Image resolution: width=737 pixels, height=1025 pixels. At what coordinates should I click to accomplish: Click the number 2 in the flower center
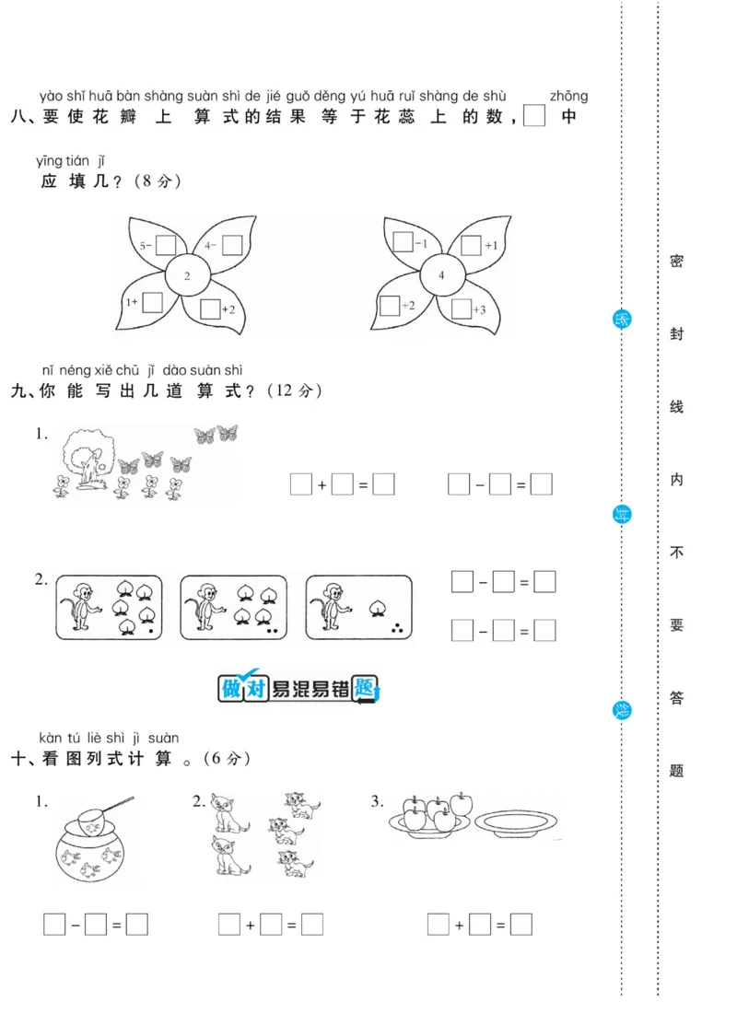(x=186, y=275)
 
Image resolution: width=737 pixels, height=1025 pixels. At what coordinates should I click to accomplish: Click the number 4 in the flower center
(x=441, y=275)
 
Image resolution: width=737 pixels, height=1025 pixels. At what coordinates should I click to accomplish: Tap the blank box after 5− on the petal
(x=166, y=245)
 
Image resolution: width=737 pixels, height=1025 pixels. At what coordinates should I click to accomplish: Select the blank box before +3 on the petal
(x=462, y=309)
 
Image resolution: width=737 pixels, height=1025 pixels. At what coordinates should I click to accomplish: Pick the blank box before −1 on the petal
(x=403, y=243)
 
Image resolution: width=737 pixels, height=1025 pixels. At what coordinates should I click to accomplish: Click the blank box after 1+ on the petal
(x=153, y=302)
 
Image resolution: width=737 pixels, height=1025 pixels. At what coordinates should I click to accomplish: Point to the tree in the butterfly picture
(x=88, y=456)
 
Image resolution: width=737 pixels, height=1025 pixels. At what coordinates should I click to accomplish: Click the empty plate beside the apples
(x=518, y=821)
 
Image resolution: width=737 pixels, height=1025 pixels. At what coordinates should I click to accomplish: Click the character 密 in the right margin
(x=676, y=262)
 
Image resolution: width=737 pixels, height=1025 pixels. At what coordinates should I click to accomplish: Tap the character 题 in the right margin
(x=676, y=771)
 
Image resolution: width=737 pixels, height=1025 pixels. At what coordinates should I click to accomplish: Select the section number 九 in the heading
(x=20, y=391)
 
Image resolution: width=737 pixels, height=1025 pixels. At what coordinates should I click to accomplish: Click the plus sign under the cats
(x=250, y=924)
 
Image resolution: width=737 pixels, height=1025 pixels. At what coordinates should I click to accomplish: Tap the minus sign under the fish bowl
(x=76, y=924)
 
